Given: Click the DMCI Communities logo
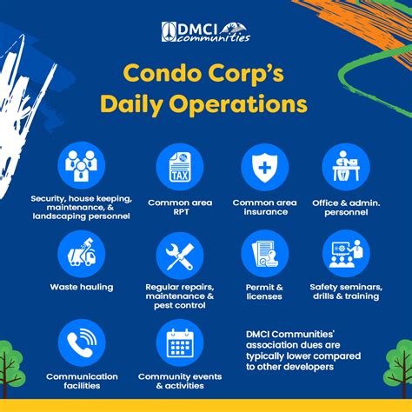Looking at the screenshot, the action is (206, 32).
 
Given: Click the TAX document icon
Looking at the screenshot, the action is (180, 167).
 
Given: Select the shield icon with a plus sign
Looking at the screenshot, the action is (265, 168).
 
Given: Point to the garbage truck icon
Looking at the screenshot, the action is (82, 252).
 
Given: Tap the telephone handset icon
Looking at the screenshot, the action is (82, 342).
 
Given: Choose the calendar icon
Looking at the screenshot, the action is (180, 343).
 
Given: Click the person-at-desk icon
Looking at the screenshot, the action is (346, 166).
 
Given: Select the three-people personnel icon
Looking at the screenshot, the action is (82, 166).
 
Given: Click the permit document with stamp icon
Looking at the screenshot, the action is (265, 254).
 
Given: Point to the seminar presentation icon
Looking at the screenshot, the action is (346, 254).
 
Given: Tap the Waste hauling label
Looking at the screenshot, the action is (82, 287).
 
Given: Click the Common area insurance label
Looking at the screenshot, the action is (265, 207).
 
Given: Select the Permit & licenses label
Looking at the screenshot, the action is (264, 292).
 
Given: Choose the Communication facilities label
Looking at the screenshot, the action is (82, 381).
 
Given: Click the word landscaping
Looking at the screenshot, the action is (60, 216).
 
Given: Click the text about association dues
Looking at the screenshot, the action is (303, 350).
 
